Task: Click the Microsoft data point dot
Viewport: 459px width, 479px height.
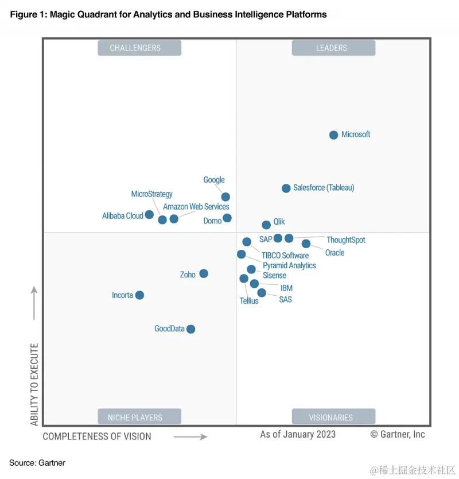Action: point(333,135)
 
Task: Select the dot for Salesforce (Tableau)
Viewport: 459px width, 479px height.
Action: point(286,188)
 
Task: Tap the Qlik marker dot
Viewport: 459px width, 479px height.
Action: point(266,225)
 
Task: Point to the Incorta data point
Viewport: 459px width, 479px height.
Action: point(139,295)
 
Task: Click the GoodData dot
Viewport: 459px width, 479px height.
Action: point(191,329)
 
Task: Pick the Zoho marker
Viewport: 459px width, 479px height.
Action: point(204,273)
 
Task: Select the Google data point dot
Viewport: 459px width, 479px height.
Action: point(225,197)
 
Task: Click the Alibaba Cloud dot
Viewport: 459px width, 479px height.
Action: point(149,215)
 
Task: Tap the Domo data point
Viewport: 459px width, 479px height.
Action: point(227,218)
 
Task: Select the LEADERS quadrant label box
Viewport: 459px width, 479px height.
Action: point(333,48)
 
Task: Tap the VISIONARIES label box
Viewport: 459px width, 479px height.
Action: point(333,417)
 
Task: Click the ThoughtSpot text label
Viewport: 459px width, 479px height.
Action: point(345,240)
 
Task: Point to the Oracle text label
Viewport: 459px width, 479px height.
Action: point(334,253)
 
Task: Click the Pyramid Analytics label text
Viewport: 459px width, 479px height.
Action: point(289,265)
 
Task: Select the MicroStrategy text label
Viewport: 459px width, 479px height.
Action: point(151,194)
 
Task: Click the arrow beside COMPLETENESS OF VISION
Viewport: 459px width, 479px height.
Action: point(190,437)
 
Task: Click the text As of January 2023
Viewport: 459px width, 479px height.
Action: point(298,434)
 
